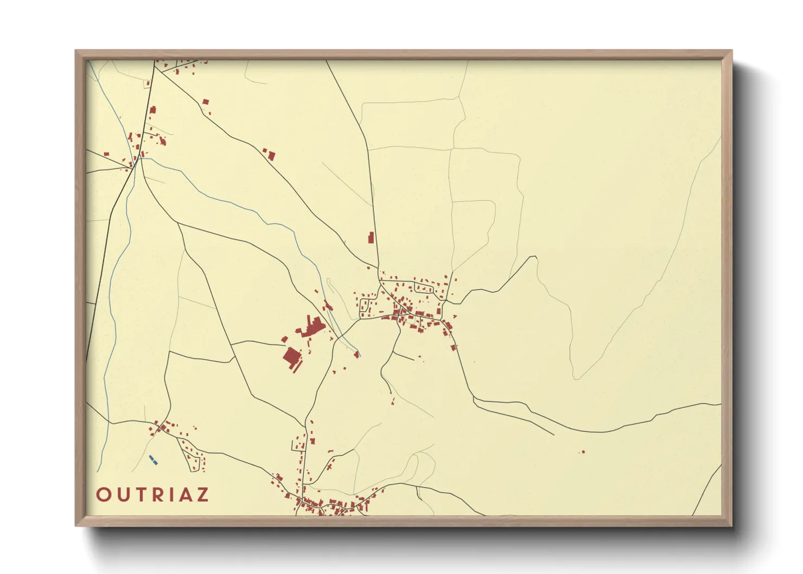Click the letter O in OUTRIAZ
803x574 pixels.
click(103, 495)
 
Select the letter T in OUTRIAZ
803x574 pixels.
click(140, 495)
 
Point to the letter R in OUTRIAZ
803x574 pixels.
click(158, 495)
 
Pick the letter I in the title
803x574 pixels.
click(173, 495)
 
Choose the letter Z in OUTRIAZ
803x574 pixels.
click(203, 495)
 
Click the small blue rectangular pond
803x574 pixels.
click(153, 460)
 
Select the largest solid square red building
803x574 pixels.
click(291, 358)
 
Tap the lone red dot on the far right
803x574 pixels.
click(583, 452)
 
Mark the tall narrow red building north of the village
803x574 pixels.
click(371, 238)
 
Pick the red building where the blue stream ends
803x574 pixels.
click(356, 354)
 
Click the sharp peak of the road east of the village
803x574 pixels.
click(536, 257)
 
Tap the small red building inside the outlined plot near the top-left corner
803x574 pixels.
click(147, 84)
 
